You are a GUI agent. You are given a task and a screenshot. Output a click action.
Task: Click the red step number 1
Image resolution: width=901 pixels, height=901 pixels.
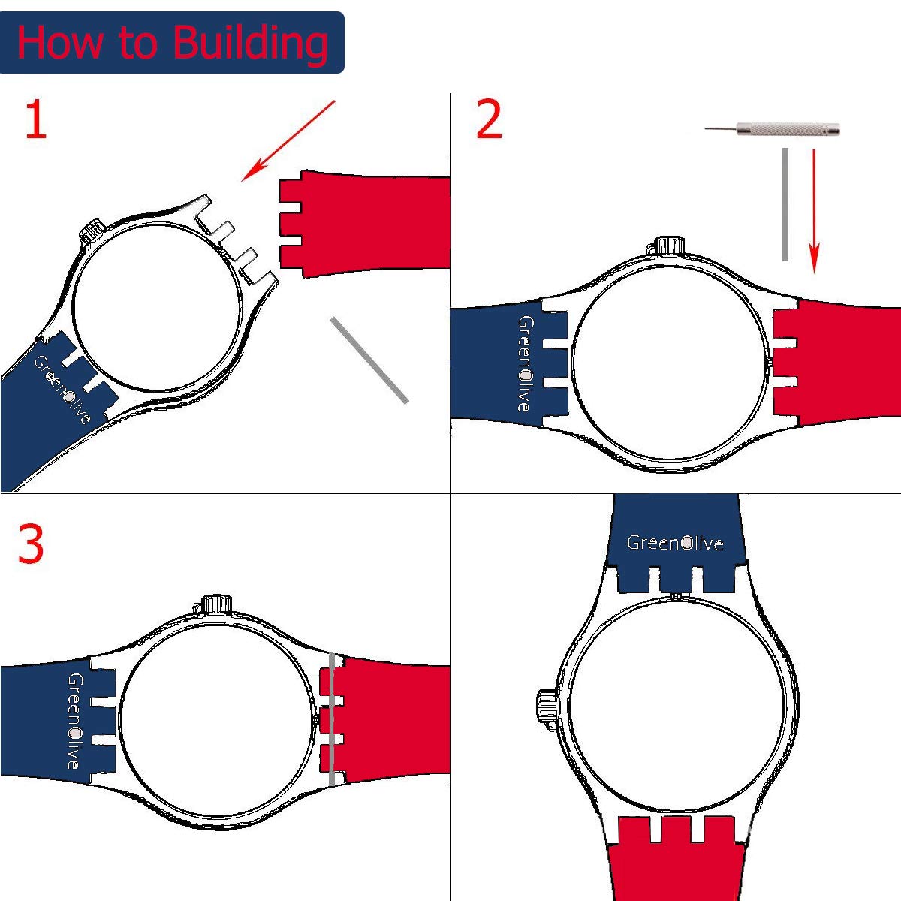pos(35,120)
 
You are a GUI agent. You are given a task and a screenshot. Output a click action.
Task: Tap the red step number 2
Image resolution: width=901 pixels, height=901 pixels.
pos(489,120)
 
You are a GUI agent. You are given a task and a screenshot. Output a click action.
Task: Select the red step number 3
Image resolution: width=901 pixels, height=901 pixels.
pos(31,544)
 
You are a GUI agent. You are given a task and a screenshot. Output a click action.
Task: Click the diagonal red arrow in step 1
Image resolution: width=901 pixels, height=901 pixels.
pos(288,141)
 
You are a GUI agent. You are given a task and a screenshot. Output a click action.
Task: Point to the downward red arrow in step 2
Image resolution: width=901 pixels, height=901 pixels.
pos(815,210)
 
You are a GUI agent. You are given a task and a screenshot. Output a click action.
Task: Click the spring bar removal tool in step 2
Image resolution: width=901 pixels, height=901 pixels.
pos(773,129)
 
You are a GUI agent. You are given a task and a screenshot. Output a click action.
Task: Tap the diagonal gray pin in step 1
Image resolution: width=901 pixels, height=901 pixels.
pos(369,360)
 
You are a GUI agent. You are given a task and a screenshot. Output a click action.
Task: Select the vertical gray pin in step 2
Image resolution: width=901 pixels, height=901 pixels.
pos(785,204)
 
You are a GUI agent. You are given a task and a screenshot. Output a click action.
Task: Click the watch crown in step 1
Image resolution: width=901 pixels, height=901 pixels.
pos(92,231)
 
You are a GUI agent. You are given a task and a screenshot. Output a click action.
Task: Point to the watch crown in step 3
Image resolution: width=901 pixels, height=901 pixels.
pos(216,603)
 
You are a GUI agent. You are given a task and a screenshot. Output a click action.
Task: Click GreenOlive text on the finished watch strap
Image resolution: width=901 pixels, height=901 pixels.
pos(674,542)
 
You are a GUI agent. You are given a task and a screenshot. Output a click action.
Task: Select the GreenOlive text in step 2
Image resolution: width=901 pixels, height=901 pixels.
pos(525,363)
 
